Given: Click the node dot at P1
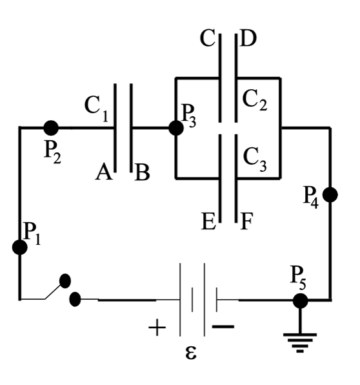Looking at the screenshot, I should [x=20, y=247].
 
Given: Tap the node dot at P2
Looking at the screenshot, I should [x=50, y=127].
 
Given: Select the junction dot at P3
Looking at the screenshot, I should [x=175, y=128].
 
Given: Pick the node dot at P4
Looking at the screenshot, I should [x=330, y=195].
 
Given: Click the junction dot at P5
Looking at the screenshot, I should [x=299, y=300].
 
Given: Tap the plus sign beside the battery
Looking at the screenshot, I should [x=156, y=328].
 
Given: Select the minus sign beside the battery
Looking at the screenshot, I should [x=223, y=327].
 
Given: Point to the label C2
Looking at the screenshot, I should [x=255, y=100].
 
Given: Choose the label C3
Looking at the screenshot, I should [x=256, y=157].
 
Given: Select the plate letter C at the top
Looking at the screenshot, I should [x=208, y=39].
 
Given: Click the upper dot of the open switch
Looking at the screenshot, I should [x=65, y=280].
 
